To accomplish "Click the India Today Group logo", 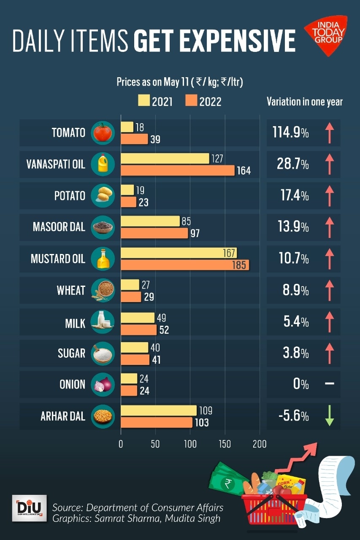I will point(325,35).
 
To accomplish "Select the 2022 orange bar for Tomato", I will point(135,139).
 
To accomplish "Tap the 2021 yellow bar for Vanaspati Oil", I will point(165,159).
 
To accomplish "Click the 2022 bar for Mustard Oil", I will point(185,265).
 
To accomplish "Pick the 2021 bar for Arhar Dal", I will point(159,410).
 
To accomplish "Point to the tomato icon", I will point(102,132).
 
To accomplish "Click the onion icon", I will point(102,384).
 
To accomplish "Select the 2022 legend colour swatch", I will point(191,101).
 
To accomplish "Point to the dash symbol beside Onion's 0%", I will point(330,384).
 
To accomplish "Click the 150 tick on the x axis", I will point(225,444).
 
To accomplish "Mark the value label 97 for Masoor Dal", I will point(195,233).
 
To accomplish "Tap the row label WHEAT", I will point(71,290).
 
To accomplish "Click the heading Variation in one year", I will point(304,102).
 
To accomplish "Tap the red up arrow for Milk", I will point(330,322).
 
